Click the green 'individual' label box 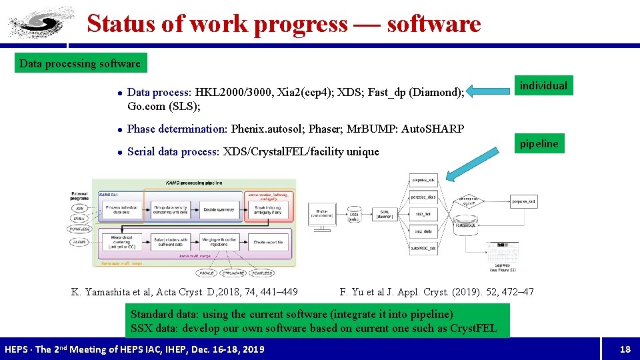(543, 85)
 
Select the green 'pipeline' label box (539, 143)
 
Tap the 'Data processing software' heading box (80, 64)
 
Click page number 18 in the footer (625, 349)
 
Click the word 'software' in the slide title (433, 23)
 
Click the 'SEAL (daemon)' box (385, 214)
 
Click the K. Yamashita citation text (185, 291)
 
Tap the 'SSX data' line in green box (313, 328)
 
